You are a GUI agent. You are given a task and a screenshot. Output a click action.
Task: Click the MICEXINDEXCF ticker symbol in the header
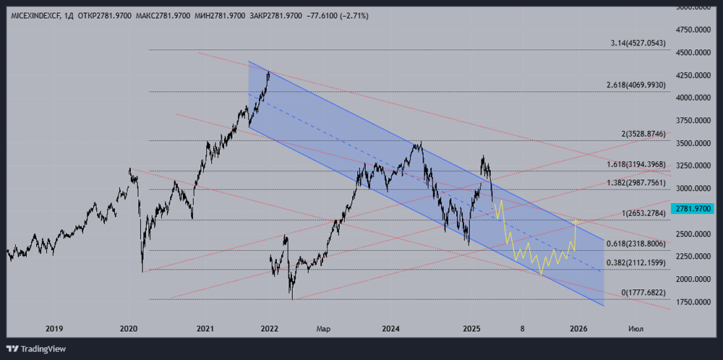35,15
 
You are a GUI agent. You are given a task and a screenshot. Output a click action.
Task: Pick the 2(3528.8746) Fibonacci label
641,134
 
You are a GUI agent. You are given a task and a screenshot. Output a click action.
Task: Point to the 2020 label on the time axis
129,328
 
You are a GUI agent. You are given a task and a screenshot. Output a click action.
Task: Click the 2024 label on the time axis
391,328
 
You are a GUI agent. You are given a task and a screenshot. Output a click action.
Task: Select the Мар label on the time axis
322,328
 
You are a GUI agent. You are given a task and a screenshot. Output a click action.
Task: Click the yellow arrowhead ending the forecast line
576,220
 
